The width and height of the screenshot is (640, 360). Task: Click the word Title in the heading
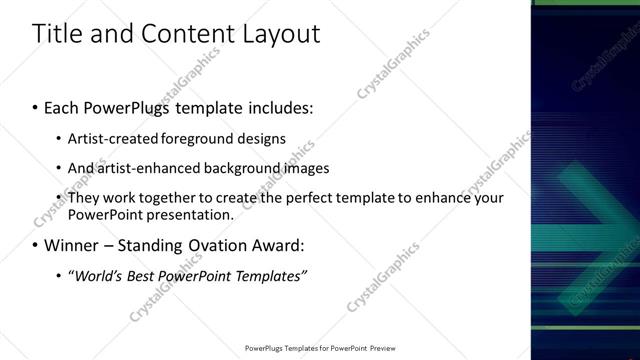point(57,34)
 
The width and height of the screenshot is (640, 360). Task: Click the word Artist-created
point(109,137)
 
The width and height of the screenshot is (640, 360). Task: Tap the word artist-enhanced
point(145,167)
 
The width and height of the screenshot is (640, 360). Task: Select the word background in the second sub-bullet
point(241,167)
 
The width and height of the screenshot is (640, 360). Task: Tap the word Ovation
point(214,245)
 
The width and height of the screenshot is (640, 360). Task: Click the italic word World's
point(93,276)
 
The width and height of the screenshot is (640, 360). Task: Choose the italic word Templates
point(269,276)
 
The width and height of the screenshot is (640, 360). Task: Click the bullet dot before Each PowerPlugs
point(34,105)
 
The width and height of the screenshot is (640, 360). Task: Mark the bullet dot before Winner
point(34,245)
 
